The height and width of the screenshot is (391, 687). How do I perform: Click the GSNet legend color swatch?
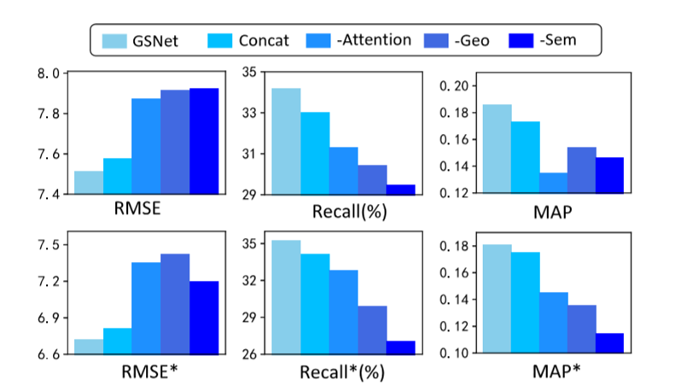coord(113,39)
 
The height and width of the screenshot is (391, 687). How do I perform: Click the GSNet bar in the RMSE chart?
coord(89,183)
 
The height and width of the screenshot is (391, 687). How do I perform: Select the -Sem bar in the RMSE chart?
coord(204,141)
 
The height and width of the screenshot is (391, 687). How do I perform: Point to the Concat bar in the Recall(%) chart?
coord(315,154)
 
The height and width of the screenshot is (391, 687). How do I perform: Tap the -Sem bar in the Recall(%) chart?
coord(401,190)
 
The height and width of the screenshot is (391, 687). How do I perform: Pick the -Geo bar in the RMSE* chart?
coord(175,304)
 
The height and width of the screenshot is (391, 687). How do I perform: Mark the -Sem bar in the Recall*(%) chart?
coord(401,347)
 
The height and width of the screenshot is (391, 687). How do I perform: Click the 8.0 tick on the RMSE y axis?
coord(45,73)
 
